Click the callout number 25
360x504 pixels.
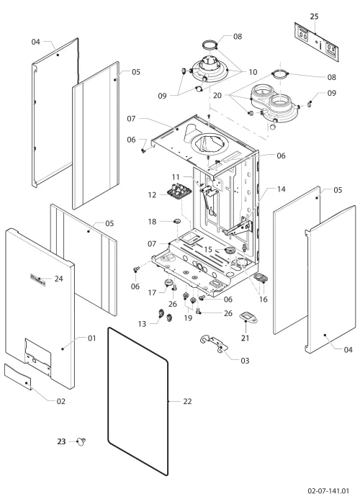[x=315, y=16]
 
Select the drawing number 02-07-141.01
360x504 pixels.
[x=328, y=491]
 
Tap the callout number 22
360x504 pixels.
[x=187, y=401]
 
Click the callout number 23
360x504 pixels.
[x=61, y=441]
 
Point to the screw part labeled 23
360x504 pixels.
[x=81, y=441]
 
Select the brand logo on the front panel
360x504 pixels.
[x=37, y=279]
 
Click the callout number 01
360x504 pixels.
[x=92, y=338]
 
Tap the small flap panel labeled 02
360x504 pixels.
[x=18, y=377]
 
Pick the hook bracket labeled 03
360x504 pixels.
[x=213, y=343]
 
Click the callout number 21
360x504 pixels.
[x=246, y=338]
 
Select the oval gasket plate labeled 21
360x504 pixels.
[x=248, y=317]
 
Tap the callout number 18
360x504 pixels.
[x=152, y=222]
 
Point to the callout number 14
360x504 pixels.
[x=282, y=189]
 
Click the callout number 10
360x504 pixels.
[x=253, y=72]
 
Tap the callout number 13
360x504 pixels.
[x=142, y=324]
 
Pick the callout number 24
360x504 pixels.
[x=58, y=279]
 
